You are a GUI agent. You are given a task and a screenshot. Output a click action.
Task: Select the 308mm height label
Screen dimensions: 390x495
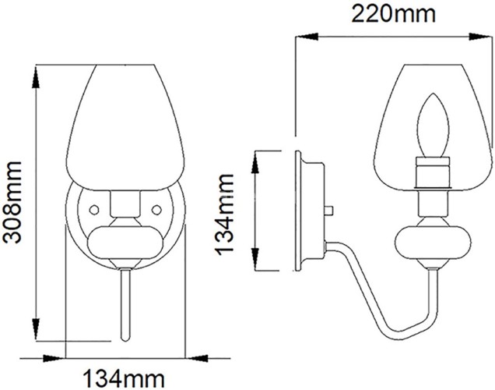[x=14, y=202]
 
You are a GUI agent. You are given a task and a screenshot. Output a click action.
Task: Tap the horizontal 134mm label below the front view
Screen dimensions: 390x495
[x=125, y=378]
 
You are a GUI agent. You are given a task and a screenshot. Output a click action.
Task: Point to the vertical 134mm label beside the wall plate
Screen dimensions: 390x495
[x=225, y=211]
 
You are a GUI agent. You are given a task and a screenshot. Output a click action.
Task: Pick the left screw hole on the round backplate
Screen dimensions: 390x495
[x=93, y=209]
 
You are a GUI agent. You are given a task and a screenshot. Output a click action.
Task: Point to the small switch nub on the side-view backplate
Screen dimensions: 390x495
[x=332, y=210]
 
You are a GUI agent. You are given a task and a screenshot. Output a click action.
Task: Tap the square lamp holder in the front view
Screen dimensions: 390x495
[x=125, y=205]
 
